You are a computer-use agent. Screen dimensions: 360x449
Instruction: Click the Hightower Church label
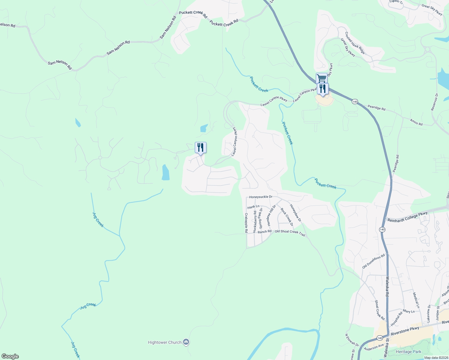[x=165, y=342]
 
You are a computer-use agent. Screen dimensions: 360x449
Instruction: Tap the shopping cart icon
[x=321, y=78]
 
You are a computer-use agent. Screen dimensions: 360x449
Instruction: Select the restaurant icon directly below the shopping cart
[x=322, y=89]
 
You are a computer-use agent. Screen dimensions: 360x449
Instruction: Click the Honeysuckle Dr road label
[x=261, y=197]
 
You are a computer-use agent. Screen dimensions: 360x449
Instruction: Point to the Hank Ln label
[x=253, y=207]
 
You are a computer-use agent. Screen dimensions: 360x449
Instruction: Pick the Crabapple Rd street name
[x=246, y=223]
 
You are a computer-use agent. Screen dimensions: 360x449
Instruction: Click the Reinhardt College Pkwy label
[x=407, y=217]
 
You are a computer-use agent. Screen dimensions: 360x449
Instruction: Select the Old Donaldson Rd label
[x=373, y=262]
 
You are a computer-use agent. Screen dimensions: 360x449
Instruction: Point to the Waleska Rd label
[x=387, y=286]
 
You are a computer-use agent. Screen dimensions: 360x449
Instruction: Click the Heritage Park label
[x=408, y=352]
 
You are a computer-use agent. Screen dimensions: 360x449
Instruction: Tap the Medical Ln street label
[x=416, y=300]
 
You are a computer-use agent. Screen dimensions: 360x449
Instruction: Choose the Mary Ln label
[x=408, y=311]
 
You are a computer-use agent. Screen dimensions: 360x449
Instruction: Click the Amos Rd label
[x=416, y=122]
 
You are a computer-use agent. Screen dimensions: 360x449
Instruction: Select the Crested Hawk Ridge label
[x=355, y=43]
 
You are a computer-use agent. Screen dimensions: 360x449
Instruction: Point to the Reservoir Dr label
[x=435, y=102]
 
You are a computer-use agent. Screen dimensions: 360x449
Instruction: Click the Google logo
[x=10, y=356]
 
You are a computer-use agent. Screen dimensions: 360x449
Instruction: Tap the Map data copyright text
[x=436, y=358]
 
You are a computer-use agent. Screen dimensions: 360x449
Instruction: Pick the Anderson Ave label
[x=373, y=347]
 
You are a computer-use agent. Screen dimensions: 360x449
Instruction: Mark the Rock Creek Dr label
[x=287, y=217]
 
